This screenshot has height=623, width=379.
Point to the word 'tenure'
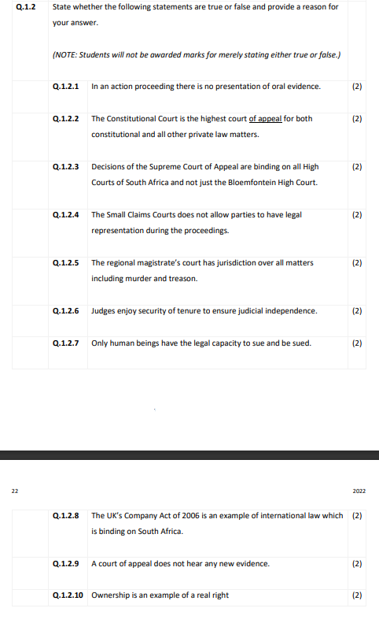(197, 310)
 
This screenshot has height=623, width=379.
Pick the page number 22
(14, 491)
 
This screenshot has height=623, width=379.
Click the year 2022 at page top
(359, 491)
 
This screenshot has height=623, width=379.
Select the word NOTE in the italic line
(64, 54)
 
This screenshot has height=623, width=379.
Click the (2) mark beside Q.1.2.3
(357, 167)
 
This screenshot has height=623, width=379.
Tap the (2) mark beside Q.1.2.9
(357, 563)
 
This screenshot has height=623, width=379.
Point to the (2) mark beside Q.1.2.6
(357, 310)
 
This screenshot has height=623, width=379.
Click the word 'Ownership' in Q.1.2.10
(110, 595)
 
